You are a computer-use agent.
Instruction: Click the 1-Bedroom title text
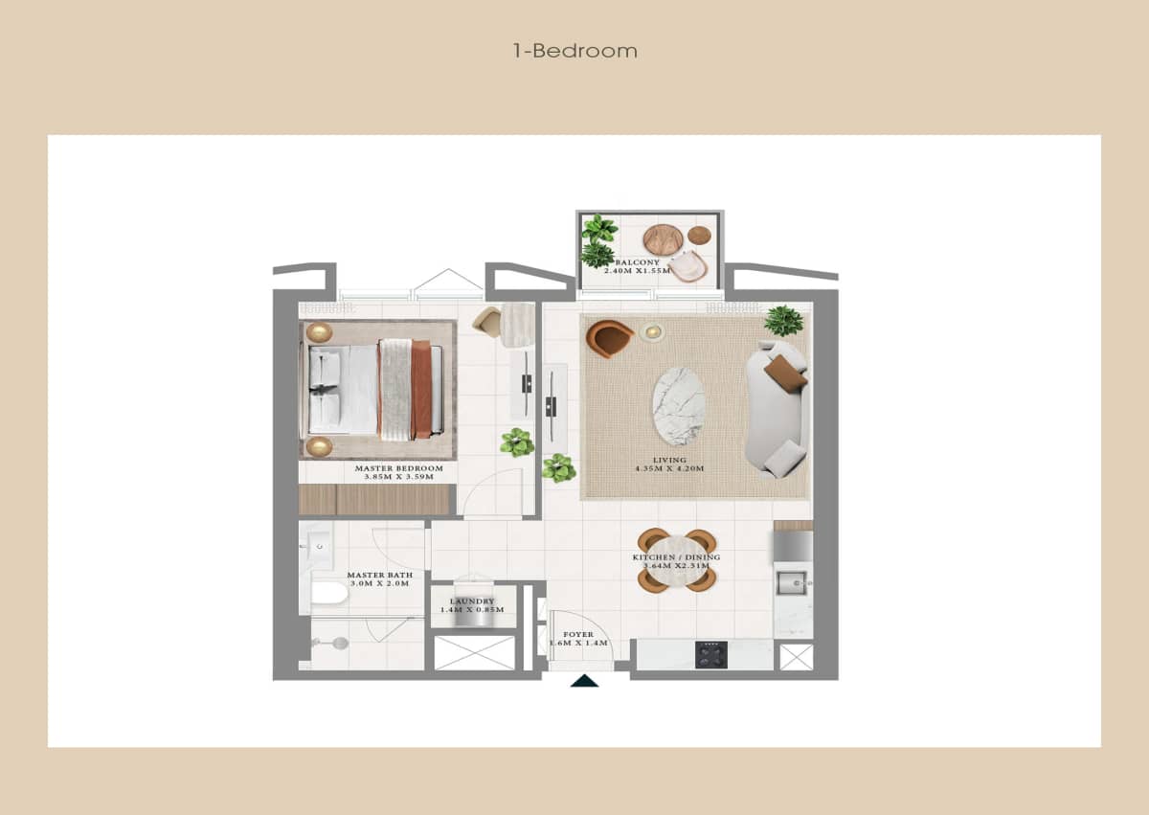pos(574,51)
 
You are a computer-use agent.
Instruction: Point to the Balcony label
pos(636,266)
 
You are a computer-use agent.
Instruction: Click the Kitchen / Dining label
pos(676,561)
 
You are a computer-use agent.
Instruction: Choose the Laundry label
pos(471,605)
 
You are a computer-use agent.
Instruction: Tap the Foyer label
pos(577,639)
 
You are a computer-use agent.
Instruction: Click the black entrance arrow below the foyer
pos(584,681)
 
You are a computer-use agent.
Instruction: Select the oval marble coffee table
pos(678,406)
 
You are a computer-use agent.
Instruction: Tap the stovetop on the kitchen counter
pos(710,655)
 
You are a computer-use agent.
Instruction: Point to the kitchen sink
pos(792,581)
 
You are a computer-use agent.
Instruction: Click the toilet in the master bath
pos(328,593)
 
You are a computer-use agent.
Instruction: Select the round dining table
pos(677,560)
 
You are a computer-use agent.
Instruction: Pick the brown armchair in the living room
pos(609,338)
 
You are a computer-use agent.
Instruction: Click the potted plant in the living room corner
pos(784,320)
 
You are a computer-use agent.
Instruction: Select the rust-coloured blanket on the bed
pos(420,389)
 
